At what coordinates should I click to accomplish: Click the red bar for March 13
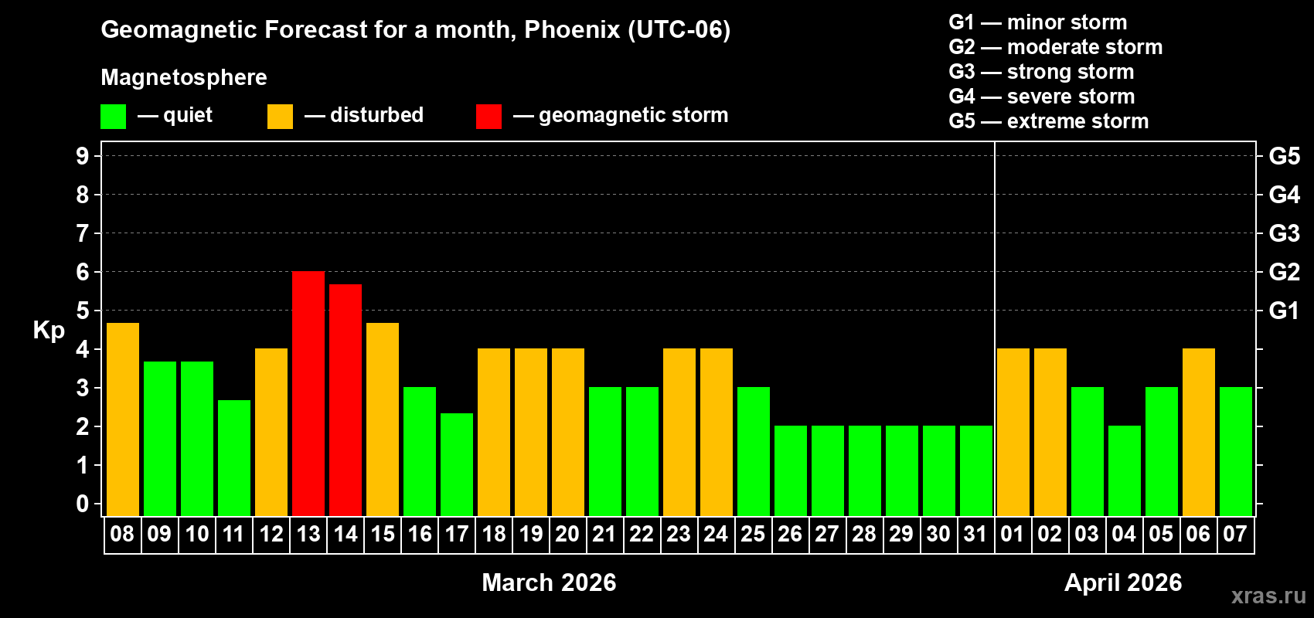[x=308, y=394]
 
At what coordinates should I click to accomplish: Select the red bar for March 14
[x=346, y=400]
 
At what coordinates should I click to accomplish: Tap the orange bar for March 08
[x=123, y=419]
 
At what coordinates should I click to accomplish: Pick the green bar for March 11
[x=234, y=458]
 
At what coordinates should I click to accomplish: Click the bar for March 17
[x=457, y=464]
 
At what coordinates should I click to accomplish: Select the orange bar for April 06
[x=1199, y=433]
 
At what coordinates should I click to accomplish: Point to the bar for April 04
[x=1125, y=471]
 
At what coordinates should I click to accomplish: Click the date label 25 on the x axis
[x=753, y=535]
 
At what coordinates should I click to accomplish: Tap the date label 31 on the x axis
[x=975, y=535]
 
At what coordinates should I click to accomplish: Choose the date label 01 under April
[x=1013, y=535]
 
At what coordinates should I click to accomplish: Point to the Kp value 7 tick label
[x=83, y=233]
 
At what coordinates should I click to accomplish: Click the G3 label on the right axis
[x=1284, y=233]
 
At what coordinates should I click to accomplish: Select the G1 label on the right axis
[x=1284, y=311]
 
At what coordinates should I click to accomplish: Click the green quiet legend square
[x=114, y=117]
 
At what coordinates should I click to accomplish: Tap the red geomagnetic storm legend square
[x=488, y=117]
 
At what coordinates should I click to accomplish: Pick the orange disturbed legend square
[x=280, y=117]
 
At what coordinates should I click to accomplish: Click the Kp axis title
[x=49, y=331]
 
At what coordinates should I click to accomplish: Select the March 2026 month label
[x=549, y=582]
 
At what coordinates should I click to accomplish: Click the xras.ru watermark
[x=1268, y=596]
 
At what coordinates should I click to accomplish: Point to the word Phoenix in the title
[x=572, y=30]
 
